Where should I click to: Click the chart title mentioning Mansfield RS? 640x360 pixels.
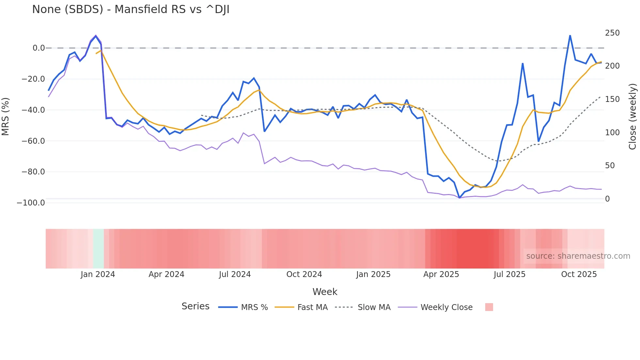click(x=131, y=9)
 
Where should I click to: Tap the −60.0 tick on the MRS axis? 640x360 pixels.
click(x=33, y=141)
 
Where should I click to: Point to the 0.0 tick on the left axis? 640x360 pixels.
click(x=39, y=48)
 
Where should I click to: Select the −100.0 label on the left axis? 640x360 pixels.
click(x=31, y=203)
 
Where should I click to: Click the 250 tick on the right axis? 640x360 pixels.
click(x=612, y=33)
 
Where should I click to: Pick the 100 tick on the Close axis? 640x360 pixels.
click(x=612, y=133)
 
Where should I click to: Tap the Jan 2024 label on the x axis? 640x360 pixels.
click(x=98, y=274)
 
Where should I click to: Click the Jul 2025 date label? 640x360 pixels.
click(x=509, y=274)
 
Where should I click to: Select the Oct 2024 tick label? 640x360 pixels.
click(x=304, y=274)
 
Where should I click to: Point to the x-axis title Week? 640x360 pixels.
click(x=325, y=292)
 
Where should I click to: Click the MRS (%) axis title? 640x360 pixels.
click(x=6, y=116)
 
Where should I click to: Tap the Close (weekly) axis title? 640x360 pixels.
click(x=632, y=116)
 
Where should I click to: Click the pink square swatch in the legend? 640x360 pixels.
click(x=489, y=307)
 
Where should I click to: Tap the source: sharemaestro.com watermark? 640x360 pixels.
click(x=578, y=256)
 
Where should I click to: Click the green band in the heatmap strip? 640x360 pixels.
click(x=98, y=249)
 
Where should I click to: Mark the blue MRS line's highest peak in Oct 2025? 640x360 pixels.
click(x=570, y=36)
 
